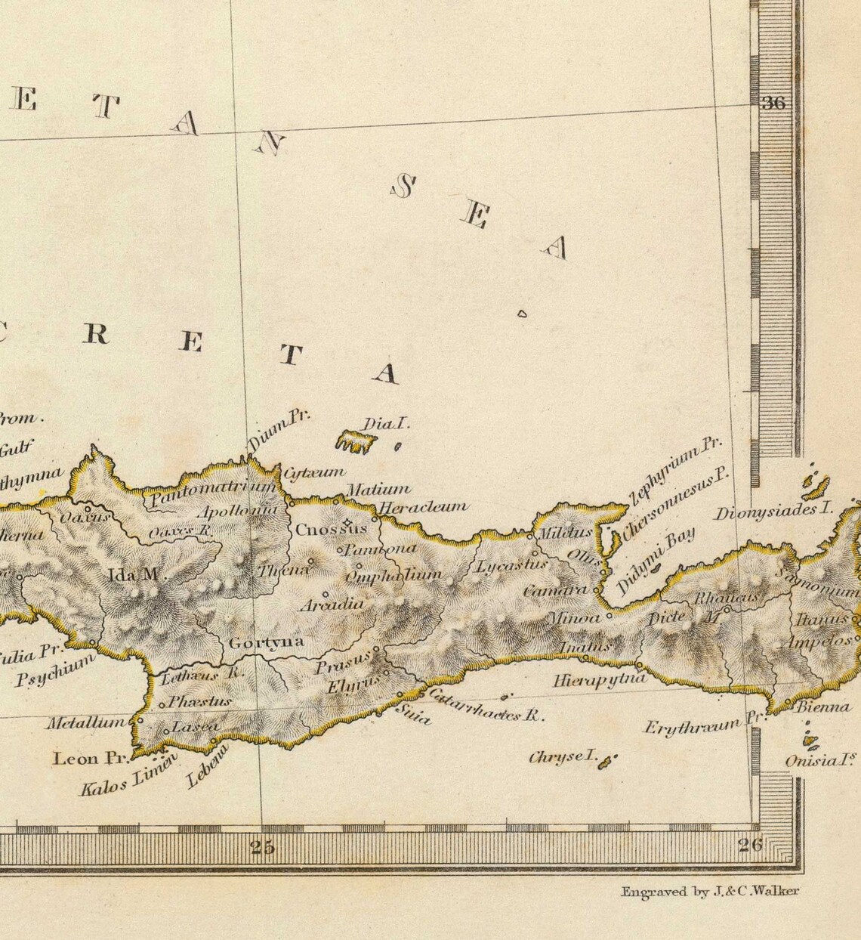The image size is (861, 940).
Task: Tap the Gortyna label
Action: (x=266, y=642)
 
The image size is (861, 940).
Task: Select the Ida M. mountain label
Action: (x=135, y=575)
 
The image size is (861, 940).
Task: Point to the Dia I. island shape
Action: (x=355, y=441)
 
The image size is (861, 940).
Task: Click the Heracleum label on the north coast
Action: (x=423, y=507)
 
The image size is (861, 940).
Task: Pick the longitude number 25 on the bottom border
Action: (x=263, y=846)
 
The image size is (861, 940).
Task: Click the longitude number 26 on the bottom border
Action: (x=750, y=845)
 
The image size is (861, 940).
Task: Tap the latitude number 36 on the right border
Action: (x=773, y=104)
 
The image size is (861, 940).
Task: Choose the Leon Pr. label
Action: (x=90, y=758)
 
